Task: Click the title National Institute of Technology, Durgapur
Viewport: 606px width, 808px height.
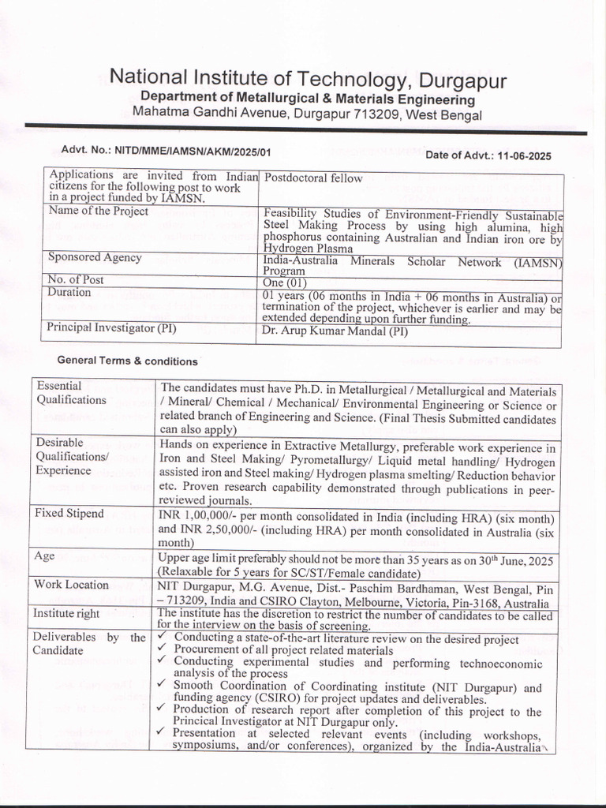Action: pyautogui.click(x=308, y=79)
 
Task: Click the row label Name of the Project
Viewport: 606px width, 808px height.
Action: pyautogui.click(x=99, y=211)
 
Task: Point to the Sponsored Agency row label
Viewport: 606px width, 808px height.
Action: pyautogui.click(x=95, y=257)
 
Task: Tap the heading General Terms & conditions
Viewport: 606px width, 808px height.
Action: pyautogui.click(x=128, y=361)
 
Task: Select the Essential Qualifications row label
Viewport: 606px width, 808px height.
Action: pyautogui.click(x=71, y=393)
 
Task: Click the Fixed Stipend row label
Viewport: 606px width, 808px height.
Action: pyautogui.click(x=69, y=514)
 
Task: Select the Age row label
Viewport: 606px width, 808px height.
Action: pyautogui.click(x=44, y=556)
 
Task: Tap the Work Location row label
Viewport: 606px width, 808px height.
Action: pyautogui.click(x=72, y=585)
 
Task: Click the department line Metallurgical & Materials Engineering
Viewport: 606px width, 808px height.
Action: pyautogui.click(x=308, y=99)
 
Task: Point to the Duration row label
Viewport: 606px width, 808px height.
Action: pyautogui.click(x=69, y=293)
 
